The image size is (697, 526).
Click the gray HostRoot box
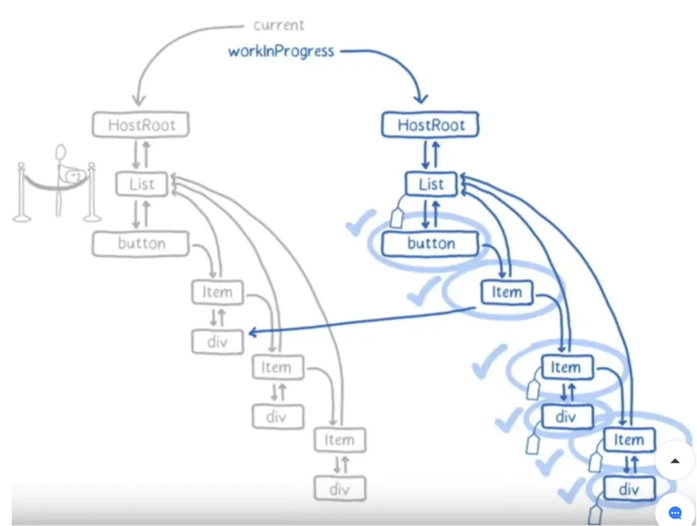pos(141,125)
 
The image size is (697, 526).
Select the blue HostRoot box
pos(431,125)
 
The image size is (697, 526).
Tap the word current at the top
pos(279,26)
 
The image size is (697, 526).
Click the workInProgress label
pos(281,51)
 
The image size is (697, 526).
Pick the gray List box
pos(142,184)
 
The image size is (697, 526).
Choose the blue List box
pos(431,184)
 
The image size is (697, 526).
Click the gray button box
pos(141,243)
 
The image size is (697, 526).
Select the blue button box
pos(431,243)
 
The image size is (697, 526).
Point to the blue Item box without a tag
pos(506,292)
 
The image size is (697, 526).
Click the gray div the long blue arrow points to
pos(218,341)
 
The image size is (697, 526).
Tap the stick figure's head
pos(60,152)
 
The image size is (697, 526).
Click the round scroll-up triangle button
pos(675,460)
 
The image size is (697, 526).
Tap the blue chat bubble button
pos(675,513)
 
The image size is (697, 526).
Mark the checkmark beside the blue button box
pos(360,224)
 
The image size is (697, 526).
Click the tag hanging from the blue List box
pos(397,218)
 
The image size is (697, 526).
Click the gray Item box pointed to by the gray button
pos(218,292)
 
